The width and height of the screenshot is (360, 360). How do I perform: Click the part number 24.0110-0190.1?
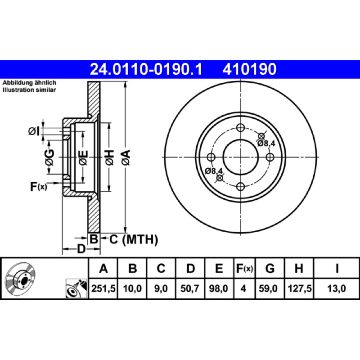146,69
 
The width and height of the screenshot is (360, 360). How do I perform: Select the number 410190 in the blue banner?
249,69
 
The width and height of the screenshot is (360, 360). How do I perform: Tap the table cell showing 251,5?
103,288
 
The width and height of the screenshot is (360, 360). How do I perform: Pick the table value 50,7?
189,288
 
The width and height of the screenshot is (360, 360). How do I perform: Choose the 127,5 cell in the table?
299,288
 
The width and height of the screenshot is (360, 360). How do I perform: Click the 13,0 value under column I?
336,288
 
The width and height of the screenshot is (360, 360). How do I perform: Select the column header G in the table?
270,268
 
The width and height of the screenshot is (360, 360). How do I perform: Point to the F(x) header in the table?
245,268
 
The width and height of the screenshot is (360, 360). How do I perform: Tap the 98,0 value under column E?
219,288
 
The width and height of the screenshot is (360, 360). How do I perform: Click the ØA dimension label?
126,157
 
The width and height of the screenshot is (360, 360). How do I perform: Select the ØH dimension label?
109,157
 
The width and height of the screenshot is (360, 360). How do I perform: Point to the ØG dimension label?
49,157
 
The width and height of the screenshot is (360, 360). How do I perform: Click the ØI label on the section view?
34,131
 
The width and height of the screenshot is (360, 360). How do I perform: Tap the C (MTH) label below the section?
134,240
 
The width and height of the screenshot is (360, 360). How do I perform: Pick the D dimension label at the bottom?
81,249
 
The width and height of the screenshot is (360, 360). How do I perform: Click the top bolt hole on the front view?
240,128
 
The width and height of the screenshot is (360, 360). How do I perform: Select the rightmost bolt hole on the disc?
270,157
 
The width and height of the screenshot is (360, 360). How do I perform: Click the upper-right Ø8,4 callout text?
266,144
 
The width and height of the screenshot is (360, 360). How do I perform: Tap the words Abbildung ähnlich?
29,83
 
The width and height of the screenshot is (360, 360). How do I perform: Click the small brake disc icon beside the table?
20,278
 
